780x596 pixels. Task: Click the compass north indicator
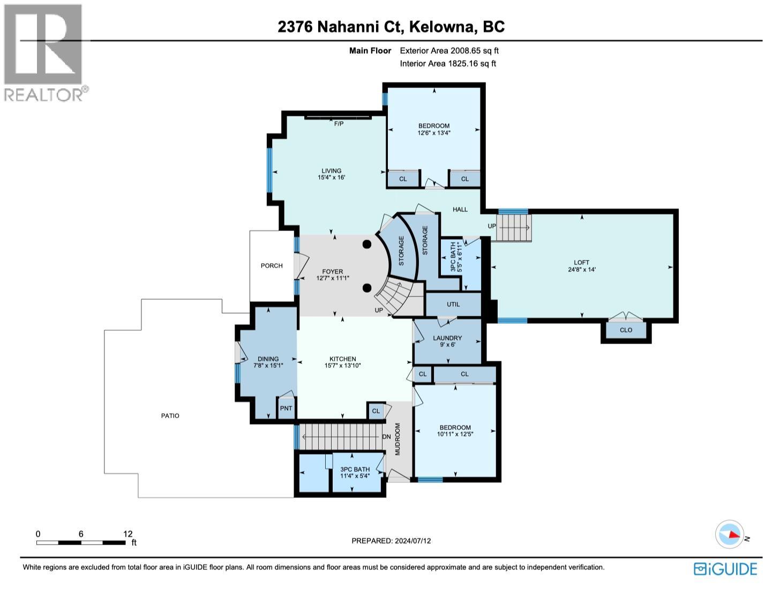[730, 534]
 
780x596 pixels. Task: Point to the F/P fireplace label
[339, 124]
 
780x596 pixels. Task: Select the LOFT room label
[581, 263]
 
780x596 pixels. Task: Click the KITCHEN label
[343, 359]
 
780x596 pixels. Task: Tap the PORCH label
[272, 266]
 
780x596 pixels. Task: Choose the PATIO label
[170, 416]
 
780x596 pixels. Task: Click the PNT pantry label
[286, 408]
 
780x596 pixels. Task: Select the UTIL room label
[453, 304]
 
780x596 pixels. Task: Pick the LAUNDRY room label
[447, 338]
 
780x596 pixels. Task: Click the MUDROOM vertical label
[398, 439]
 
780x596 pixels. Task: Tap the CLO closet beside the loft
[626, 330]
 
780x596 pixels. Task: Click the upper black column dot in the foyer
[366, 244]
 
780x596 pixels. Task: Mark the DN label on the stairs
[386, 437]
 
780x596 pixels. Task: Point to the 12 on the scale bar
[127, 534]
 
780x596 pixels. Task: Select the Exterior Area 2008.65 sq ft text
[449, 51]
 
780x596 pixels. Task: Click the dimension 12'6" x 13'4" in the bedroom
[434, 133]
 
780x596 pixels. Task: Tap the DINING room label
[268, 359]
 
